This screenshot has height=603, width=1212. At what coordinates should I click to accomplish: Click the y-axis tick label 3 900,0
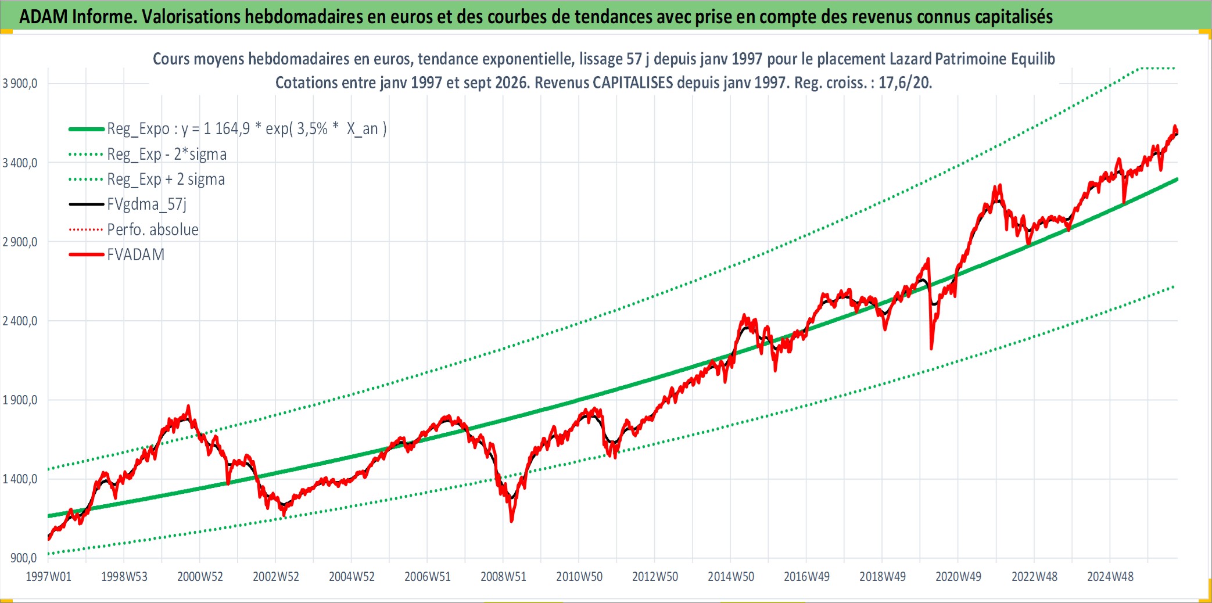pyautogui.click(x=20, y=83)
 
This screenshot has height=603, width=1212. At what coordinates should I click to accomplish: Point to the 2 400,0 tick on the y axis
pyautogui.click(x=20, y=321)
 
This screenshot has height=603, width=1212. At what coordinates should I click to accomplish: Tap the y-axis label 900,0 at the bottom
pyautogui.click(x=24, y=558)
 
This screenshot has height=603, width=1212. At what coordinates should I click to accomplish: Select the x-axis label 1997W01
pyautogui.click(x=49, y=577)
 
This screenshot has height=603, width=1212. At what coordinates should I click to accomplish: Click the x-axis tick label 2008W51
pyautogui.click(x=503, y=577)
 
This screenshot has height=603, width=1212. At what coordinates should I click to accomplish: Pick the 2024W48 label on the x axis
pyautogui.click(x=1110, y=577)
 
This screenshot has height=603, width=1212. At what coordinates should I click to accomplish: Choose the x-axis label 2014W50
pyautogui.click(x=731, y=577)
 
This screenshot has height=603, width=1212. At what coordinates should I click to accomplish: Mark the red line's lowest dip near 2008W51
pyautogui.click(x=512, y=521)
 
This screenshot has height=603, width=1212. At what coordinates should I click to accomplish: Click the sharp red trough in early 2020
pyautogui.click(x=931, y=349)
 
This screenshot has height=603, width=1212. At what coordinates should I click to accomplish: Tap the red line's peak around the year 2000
pyautogui.click(x=188, y=406)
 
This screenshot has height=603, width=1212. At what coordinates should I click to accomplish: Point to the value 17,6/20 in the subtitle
pyautogui.click(x=905, y=82)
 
